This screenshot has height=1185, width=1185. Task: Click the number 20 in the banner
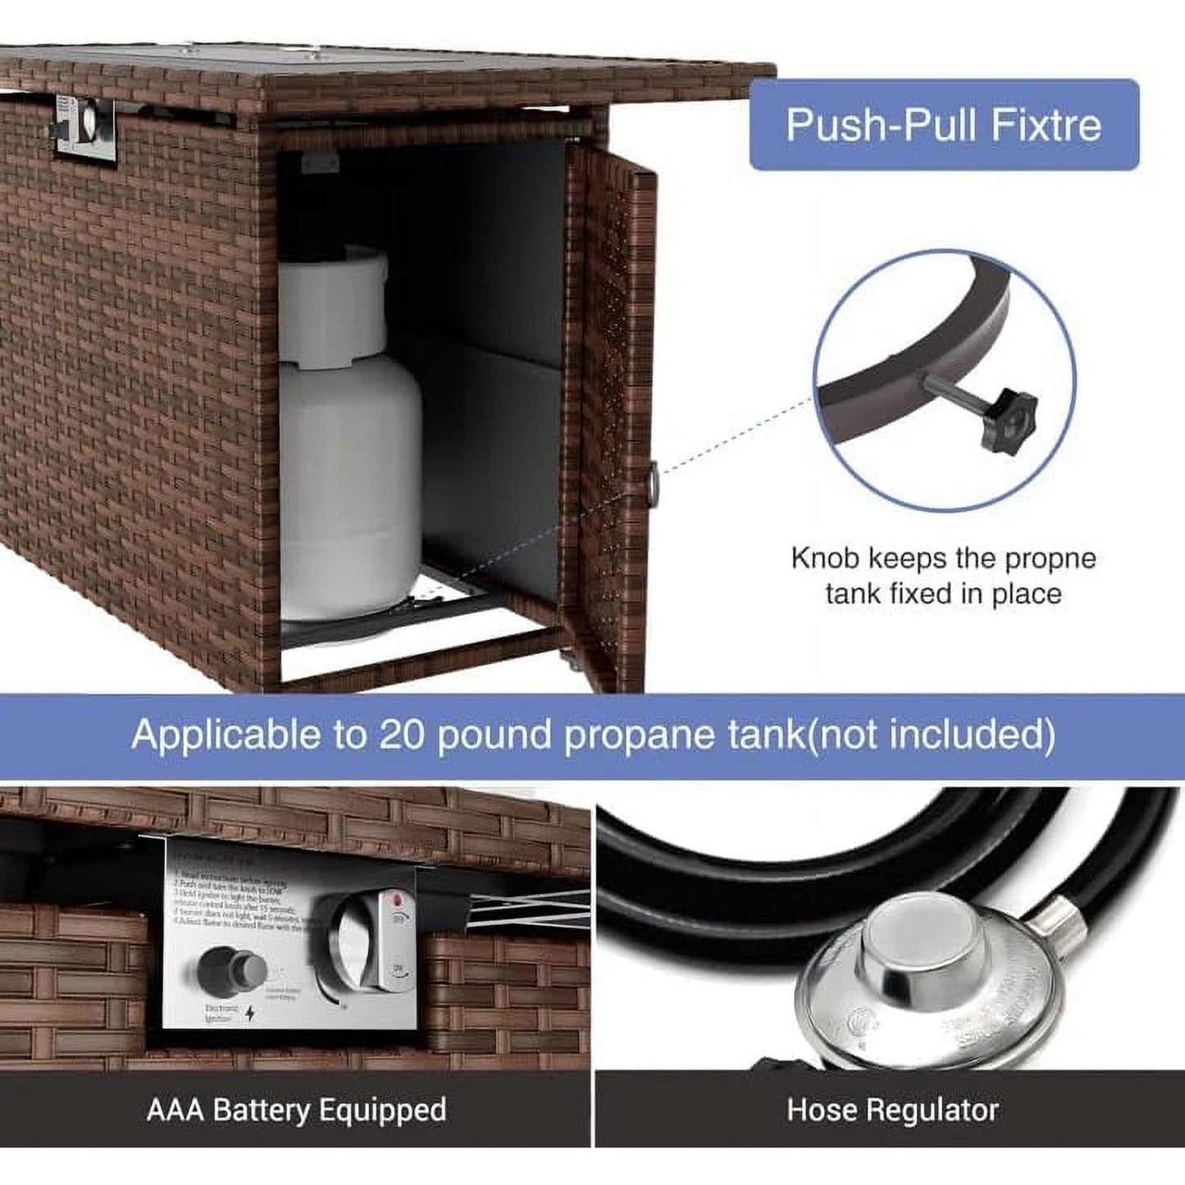(401, 734)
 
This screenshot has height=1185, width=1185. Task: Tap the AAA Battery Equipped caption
(296, 1110)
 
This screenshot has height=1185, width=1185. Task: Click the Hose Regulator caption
(892, 1110)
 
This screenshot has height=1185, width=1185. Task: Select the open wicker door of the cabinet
(611, 410)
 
